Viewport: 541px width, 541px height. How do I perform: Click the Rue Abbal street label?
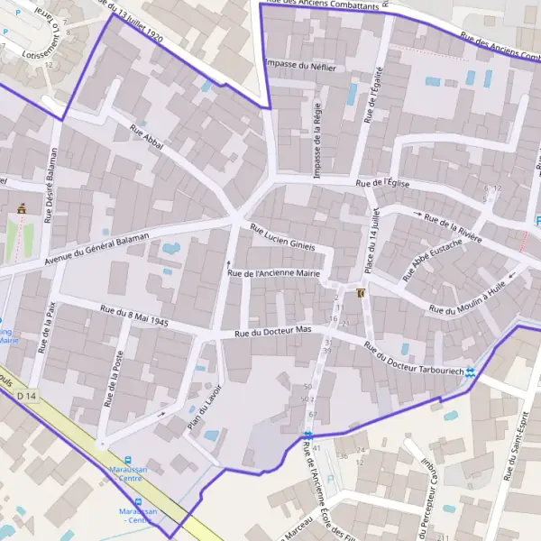146,142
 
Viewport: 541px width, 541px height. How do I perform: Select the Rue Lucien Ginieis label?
282,238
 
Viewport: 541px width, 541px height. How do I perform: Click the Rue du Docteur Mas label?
272,333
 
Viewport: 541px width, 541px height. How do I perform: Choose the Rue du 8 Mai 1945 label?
135,316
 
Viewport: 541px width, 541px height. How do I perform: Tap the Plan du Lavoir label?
204,410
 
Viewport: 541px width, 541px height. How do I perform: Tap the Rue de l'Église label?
390,182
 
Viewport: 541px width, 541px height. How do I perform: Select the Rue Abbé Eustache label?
437,258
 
